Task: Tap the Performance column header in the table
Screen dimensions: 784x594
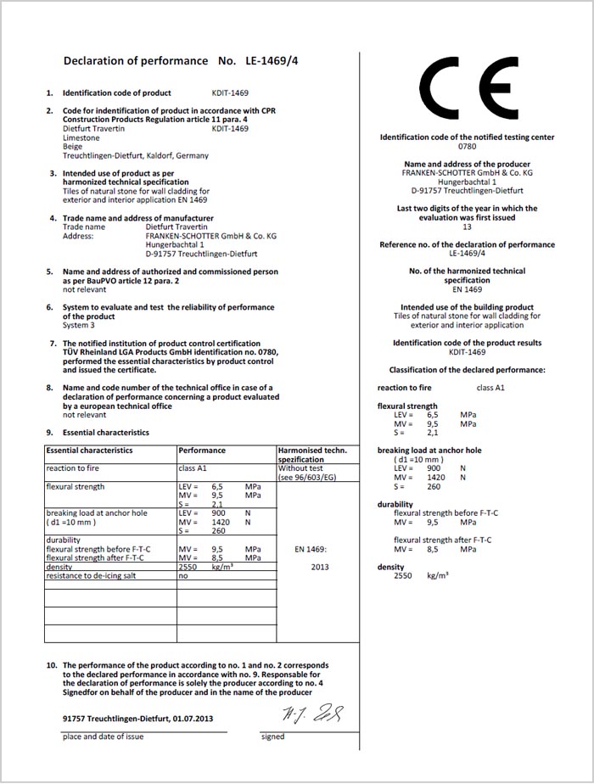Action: tap(202, 451)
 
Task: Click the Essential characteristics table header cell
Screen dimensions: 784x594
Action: tap(89, 451)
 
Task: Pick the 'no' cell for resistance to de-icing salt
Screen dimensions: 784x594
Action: tap(182, 575)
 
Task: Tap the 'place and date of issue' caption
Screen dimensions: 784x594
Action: tap(103, 736)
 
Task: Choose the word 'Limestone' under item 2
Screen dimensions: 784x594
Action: tap(81, 137)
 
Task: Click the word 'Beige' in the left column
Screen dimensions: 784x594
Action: tap(73, 147)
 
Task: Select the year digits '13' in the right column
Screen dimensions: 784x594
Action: tap(467, 227)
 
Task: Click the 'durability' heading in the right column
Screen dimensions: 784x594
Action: tap(395, 504)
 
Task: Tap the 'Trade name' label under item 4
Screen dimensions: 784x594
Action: tap(84, 227)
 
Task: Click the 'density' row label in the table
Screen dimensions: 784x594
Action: tap(59, 567)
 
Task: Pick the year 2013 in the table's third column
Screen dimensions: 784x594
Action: tap(319, 567)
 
